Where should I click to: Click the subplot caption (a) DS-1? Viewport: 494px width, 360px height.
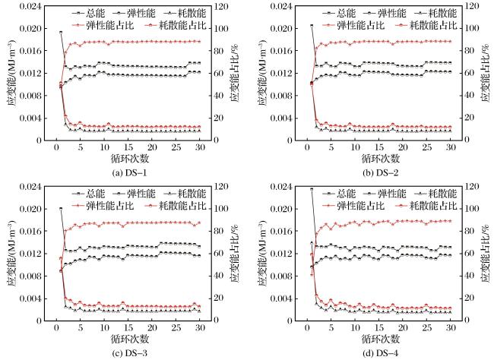point(129,173)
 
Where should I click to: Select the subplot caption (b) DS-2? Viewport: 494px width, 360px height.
point(380,173)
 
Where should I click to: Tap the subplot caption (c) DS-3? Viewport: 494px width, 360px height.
point(129,353)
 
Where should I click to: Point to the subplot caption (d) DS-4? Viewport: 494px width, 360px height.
point(380,353)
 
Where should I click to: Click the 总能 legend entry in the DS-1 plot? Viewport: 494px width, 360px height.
point(88,13)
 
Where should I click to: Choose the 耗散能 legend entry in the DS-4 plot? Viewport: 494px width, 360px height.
point(435,194)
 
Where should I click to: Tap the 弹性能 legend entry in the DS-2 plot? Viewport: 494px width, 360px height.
point(385,13)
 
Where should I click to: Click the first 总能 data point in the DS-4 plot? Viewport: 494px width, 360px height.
point(312,189)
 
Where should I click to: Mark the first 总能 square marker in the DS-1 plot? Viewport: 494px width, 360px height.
point(61,32)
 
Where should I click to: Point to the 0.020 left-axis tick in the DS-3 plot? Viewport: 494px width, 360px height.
point(30,209)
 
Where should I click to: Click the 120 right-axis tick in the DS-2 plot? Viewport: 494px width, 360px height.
point(472,6)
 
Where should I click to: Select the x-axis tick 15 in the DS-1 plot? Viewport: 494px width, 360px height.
point(128,147)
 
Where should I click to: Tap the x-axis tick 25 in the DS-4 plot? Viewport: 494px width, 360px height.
point(427,328)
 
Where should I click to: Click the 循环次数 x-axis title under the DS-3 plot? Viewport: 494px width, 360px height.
point(130,339)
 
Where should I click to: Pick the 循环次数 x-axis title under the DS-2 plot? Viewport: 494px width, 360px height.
point(381,159)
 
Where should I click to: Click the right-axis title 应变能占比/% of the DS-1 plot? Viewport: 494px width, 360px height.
point(234,74)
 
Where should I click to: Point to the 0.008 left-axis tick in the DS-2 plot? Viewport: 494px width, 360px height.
point(281,96)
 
